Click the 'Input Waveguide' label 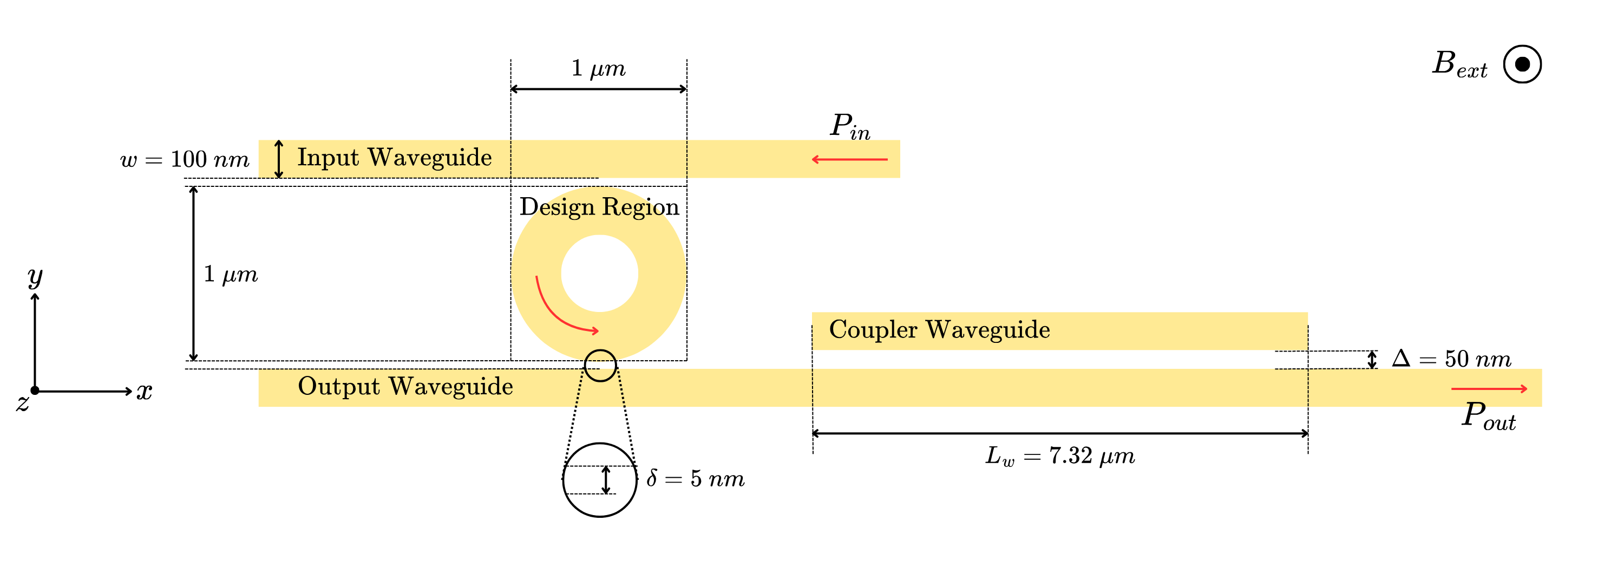[x=394, y=158]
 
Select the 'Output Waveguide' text [x=405, y=386]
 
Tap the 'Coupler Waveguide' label [x=939, y=329]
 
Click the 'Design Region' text [x=599, y=207]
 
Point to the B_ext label [x=1458, y=64]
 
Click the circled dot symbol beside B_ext [x=1522, y=64]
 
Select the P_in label [x=849, y=126]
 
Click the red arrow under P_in [x=849, y=159]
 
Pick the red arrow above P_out [x=1489, y=389]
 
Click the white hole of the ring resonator [x=599, y=273]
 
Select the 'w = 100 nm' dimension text [x=185, y=159]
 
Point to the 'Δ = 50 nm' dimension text [x=1451, y=359]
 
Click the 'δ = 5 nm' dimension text [x=696, y=479]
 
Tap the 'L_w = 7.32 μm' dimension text [x=1060, y=456]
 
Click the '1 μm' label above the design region [x=598, y=68]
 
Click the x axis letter [x=145, y=391]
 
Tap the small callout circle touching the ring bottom [x=600, y=366]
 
